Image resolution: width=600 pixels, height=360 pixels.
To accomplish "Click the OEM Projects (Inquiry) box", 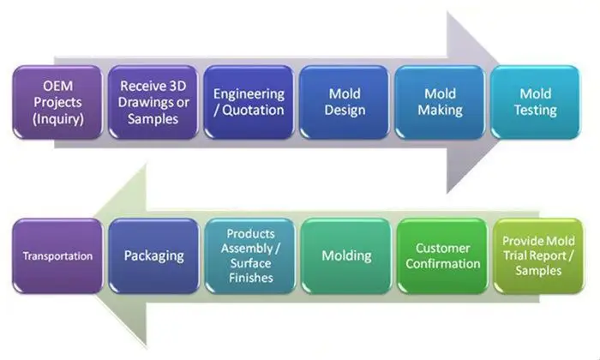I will (x=57, y=102).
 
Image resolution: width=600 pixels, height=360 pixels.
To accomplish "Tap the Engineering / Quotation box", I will (x=249, y=102).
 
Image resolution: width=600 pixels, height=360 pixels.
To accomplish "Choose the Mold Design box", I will (x=345, y=102).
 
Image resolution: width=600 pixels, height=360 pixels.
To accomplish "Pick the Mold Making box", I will (x=441, y=102).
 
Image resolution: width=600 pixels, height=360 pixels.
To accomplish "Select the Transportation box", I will (x=57, y=255).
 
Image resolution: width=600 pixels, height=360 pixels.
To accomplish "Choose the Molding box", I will (x=345, y=255).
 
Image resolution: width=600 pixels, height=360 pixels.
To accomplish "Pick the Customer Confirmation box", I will (x=441, y=255).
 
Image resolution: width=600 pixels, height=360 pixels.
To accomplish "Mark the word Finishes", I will (x=250, y=278).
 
